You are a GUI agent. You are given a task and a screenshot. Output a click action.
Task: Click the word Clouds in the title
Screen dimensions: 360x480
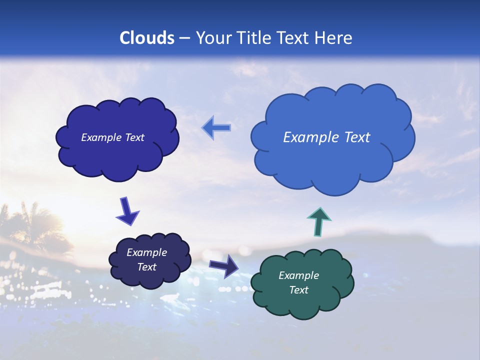coord(147,38)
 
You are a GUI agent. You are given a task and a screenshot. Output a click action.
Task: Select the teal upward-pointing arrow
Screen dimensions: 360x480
coord(319,221)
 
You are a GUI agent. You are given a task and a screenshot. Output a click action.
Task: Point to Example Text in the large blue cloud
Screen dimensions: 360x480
coord(326,137)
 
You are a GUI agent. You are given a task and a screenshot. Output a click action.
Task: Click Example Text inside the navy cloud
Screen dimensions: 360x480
coord(112,137)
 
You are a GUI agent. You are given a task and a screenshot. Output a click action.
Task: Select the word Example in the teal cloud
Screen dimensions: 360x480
coord(298,275)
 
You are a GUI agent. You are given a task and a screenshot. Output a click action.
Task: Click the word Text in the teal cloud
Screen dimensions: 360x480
coord(298,290)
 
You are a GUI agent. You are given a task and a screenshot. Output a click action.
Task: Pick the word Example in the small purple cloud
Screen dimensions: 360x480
coord(146,252)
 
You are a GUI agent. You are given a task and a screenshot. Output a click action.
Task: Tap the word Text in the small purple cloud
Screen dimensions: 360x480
coord(146,267)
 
